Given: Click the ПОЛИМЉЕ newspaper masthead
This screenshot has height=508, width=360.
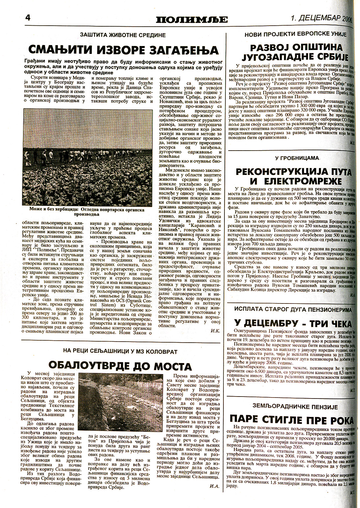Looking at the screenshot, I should (192, 20).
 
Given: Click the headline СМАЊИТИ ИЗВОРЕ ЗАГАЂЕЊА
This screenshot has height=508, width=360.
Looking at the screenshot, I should (123, 50).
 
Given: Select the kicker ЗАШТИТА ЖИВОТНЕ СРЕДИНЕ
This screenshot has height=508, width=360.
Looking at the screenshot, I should (123, 35).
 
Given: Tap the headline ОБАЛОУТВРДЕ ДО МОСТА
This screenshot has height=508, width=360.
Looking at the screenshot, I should (120, 366).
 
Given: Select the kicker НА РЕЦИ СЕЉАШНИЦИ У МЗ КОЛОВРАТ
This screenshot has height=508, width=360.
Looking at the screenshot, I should (120, 351).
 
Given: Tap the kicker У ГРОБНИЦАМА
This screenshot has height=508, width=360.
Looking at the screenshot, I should (293, 158).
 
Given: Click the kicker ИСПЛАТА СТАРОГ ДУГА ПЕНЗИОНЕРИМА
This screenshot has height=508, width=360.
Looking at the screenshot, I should (293, 309).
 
